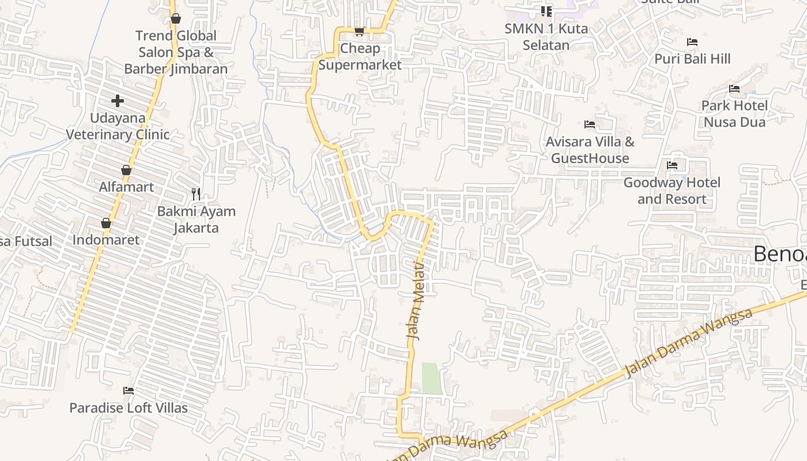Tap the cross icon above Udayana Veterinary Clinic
tap(118, 101)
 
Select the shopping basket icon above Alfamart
tap(126, 170)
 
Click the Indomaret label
tap(106, 240)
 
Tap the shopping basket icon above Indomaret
tap(106, 223)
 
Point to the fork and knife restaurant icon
tap(196, 194)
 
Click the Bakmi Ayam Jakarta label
tap(196, 220)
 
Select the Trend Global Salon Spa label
tap(176, 52)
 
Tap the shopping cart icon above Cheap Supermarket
tap(359, 31)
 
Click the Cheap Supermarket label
tap(360, 56)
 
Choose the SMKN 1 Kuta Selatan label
tap(546, 37)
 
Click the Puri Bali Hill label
tap(692, 59)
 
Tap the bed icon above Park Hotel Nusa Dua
tap(734, 89)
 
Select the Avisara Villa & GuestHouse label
tap(590, 150)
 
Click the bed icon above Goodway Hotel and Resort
tap(672, 165)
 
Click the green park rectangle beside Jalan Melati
tap(432, 378)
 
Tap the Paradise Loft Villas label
tap(129, 408)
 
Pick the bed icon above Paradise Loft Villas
tap(129, 391)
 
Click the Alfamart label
tap(126, 187)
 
